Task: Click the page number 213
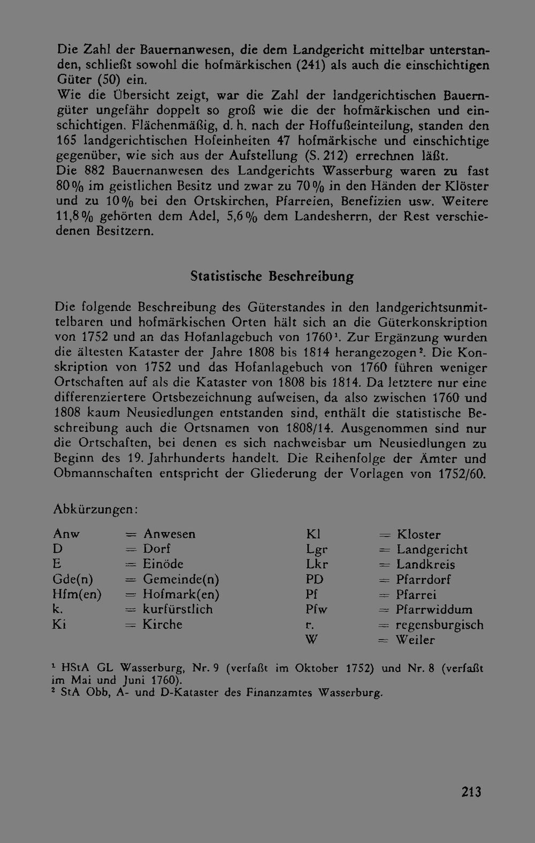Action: [x=471, y=792]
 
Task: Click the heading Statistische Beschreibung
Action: [x=272, y=276]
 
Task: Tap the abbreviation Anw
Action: [x=66, y=534]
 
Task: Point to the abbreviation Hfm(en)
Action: [x=77, y=594]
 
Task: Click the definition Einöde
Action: [x=163, y=564]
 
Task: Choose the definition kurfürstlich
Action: [x=178, y=609]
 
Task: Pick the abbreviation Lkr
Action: [x=317, y=564]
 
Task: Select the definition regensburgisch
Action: [x=439, y=625]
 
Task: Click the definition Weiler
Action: [x=415, y=640]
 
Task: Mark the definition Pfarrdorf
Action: [x=423, y=579]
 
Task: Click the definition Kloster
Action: [x=419, y=535]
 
